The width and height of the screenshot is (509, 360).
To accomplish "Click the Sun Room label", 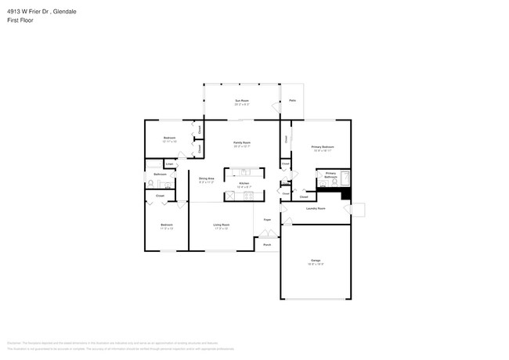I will point(242,101).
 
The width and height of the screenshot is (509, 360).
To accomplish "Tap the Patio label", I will point(292,100).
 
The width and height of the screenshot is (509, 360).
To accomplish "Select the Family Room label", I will point(242,142).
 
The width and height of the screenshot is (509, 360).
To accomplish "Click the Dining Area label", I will point(207,178).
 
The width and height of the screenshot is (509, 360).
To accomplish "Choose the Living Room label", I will point(222,225).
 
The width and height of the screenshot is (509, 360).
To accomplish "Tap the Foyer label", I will point(267,219).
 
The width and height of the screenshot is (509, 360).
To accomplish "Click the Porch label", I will point(267,245).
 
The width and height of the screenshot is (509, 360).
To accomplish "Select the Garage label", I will point(316,260).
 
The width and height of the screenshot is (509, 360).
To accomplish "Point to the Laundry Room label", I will point(316,208).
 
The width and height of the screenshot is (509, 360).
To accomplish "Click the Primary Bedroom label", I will point(323,146).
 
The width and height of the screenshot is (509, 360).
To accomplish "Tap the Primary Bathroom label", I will point(330,175).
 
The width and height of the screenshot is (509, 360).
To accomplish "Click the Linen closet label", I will point(169,164).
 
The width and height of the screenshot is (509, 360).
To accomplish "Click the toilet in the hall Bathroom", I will point(150,184).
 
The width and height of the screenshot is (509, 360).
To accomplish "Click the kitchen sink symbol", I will point(244,171).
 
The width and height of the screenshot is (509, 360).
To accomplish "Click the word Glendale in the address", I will point(66,12).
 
